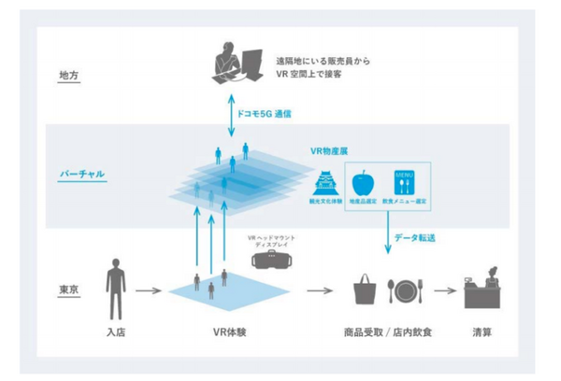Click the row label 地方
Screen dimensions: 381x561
[68, 75]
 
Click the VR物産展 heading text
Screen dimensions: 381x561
[330, 148]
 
